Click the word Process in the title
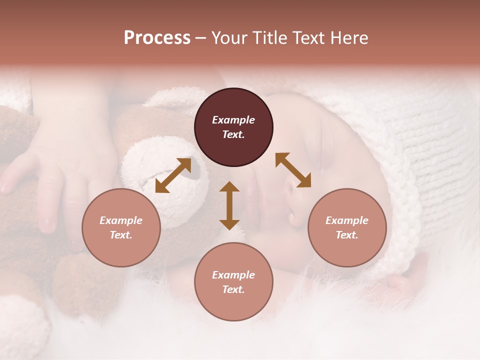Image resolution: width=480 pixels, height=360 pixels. pyautogui.click(x=157, y=38)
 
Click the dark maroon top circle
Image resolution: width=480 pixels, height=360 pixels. pyautogui.click(x=233, y=127)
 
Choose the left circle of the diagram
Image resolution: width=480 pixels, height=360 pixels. pyautogui.click(x=121, y=227)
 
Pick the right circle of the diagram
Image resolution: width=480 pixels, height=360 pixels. pyautogui.click(x=347, y=227)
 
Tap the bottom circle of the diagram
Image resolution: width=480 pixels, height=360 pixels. pyautogui.click(x=233, y=282)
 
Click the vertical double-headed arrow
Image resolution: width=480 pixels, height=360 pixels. pyautogui.click(x=229, y=205)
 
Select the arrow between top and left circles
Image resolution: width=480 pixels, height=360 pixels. pyautogui.click(x=173, y=175)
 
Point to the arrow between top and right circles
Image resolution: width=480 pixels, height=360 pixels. pyautogui.click(x=293, y=170)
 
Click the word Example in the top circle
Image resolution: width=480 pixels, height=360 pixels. pyautogui.click(x=233, y=120)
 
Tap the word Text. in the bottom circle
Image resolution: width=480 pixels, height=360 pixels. pyautogui.click(x=233, y=289)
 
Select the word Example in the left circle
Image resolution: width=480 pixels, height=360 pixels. pyautogui.click(x=121, y=220)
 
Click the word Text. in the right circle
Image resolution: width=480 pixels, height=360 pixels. pyautogui.click(x=347, y=235)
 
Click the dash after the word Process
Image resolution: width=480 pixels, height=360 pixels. pyautogui.click(x=201, y=38)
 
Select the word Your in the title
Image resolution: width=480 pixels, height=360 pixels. pyautogui.click(x=230, y=38)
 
